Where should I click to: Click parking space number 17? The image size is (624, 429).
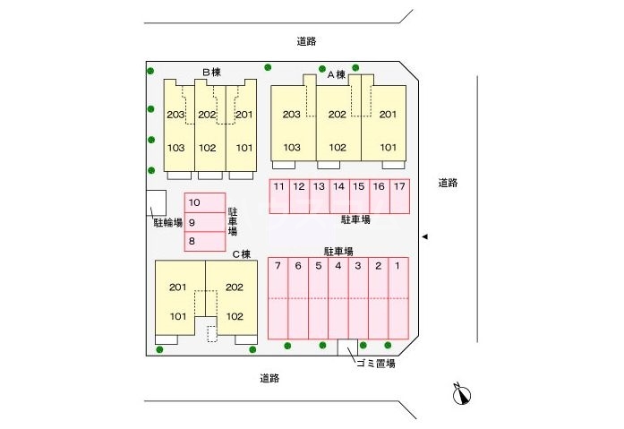399,187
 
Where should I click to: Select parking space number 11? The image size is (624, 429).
279,187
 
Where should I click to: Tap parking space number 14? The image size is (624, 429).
338,187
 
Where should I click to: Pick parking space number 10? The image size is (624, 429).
193,202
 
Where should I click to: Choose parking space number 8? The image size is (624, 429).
191,241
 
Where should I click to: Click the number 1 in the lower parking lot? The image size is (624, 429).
397,266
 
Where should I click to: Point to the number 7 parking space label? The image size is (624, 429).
278,266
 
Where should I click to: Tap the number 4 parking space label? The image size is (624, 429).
338,266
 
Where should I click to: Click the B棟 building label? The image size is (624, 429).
210,72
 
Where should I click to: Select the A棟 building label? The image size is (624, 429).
337,75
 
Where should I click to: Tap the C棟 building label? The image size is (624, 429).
241,253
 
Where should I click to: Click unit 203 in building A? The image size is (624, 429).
291,115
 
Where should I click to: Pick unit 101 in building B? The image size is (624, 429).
243,148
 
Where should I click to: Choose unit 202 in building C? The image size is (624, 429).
235,287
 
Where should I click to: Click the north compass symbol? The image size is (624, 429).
462,394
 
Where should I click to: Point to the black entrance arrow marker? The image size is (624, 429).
426,236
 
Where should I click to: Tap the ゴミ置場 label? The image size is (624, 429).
376,364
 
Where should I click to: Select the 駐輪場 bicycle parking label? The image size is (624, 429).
167,221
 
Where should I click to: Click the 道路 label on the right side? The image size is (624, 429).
448,184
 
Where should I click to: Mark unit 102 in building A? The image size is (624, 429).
337,148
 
